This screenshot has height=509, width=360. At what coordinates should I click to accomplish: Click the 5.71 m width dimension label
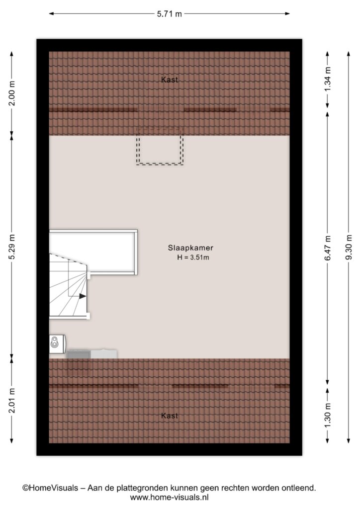[x=169, y=14]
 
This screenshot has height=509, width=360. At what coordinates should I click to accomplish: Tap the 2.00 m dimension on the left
[x=12, y=93]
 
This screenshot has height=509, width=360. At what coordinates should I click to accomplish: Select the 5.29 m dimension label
[x=12, y=247]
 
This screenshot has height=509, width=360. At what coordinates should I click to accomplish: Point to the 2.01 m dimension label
[x=12, y=401]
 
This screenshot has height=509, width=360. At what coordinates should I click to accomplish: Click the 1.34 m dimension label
[x=328, y=79]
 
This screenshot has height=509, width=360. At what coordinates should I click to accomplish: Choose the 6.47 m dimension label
[x=328, y=248]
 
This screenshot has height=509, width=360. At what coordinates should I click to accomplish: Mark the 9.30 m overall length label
[x=349, y=248]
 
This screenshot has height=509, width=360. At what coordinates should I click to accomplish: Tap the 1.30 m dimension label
[x=328, y=416]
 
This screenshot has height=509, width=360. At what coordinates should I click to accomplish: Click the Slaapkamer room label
[x=190, y=248]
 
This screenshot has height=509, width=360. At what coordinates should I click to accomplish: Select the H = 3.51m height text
[x=193, y=258]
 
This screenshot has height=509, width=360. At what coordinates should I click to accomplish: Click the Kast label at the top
[x=170, y=80]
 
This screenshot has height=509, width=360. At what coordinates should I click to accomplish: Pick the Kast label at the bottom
[x=170, y=416]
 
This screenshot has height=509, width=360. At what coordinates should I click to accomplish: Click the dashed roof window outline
[x=160, y=164]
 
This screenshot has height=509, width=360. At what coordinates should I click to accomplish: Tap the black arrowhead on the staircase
[x=83, y=296]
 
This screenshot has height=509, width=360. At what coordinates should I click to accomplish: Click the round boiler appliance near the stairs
[x=58, y=344]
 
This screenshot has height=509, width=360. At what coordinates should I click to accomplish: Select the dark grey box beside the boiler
[x=79, y=354]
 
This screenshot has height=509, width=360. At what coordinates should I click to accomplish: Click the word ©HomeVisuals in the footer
[x=50, y=488]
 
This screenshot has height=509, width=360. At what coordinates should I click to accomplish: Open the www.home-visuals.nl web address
[x=169, y=497]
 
